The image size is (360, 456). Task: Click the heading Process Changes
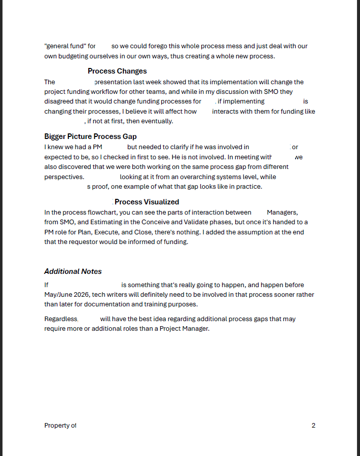117,71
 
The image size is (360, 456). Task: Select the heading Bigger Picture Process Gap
90,136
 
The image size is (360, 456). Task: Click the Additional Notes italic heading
73,271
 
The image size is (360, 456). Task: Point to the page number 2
313,426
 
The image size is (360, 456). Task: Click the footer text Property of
60,426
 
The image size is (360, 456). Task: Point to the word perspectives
64,177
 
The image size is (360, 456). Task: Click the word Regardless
61,319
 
